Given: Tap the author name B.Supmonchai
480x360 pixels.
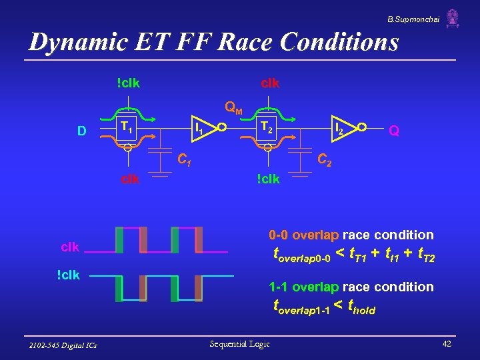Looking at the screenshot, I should tap(413, 16).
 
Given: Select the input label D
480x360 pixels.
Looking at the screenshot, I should tap(81, 131).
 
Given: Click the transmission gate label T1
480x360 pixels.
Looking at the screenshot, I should tap(125, 126).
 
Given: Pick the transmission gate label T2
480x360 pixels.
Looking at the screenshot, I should tap(267, 126).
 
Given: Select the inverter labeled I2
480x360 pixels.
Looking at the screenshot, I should tap(339, 126).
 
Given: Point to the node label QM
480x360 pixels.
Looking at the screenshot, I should tap(233, 106).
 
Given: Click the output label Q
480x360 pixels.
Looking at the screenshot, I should tap(394, 131).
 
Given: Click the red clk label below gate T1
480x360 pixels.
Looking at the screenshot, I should tap(129, 179).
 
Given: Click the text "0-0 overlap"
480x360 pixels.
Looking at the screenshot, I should tap(304, 235).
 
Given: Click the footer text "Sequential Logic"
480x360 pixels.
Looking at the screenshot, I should tap(239, 344).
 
